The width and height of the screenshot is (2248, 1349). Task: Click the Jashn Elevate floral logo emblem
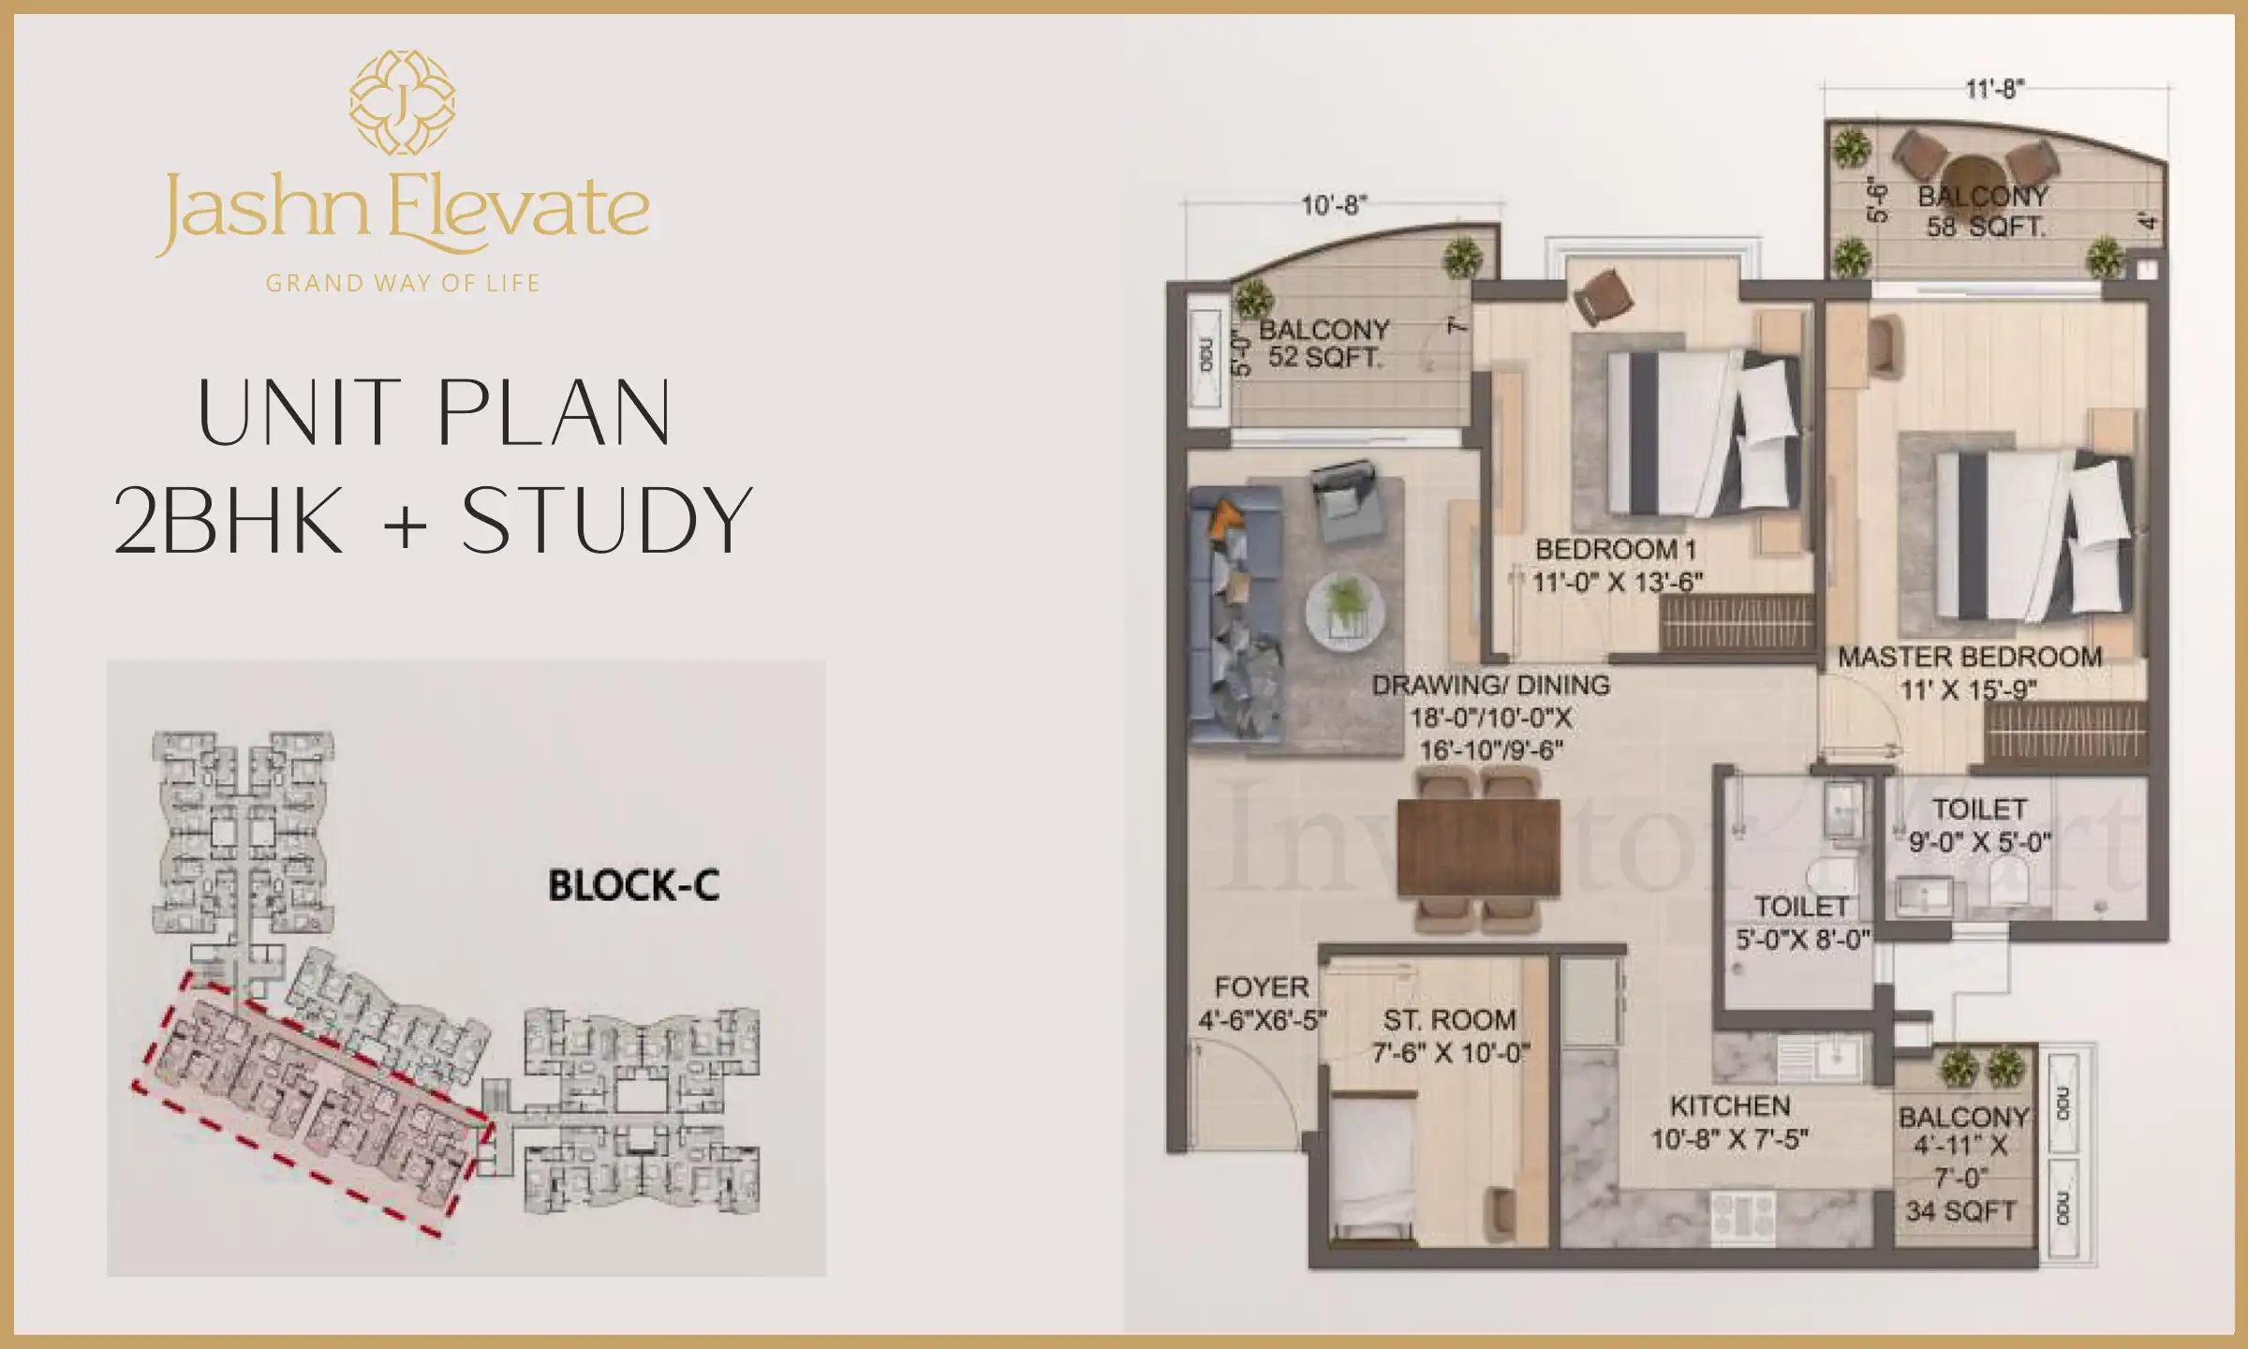[403, 102]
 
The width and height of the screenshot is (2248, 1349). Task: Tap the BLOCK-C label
[634, 886]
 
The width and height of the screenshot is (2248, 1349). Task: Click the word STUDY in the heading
[607, 521]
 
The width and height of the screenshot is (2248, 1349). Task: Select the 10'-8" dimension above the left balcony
[1334, 205]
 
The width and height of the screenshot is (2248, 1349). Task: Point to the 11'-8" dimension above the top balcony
[1994, 89]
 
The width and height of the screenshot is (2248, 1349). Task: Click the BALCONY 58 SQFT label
[1984, 212]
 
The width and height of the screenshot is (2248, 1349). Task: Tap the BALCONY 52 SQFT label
[1324, 343]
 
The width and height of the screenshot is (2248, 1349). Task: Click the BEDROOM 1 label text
[1616, 550]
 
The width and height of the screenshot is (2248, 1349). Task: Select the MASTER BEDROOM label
[1970, 658]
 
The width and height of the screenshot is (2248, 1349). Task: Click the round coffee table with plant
[1346, 611]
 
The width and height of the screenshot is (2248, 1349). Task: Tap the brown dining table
[1478, 846]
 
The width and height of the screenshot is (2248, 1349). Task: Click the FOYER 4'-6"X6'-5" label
[1262, 1003]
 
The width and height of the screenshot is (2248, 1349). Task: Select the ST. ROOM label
[1450, 1020]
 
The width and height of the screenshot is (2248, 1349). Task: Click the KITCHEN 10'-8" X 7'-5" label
[1730, 1122]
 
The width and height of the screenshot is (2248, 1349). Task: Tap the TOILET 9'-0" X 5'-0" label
[1980, 825]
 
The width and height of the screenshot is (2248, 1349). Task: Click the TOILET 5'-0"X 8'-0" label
[1802, 922]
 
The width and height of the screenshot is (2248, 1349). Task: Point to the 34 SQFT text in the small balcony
[1960, 1211]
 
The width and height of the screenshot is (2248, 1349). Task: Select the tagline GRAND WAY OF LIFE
[403, 283]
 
